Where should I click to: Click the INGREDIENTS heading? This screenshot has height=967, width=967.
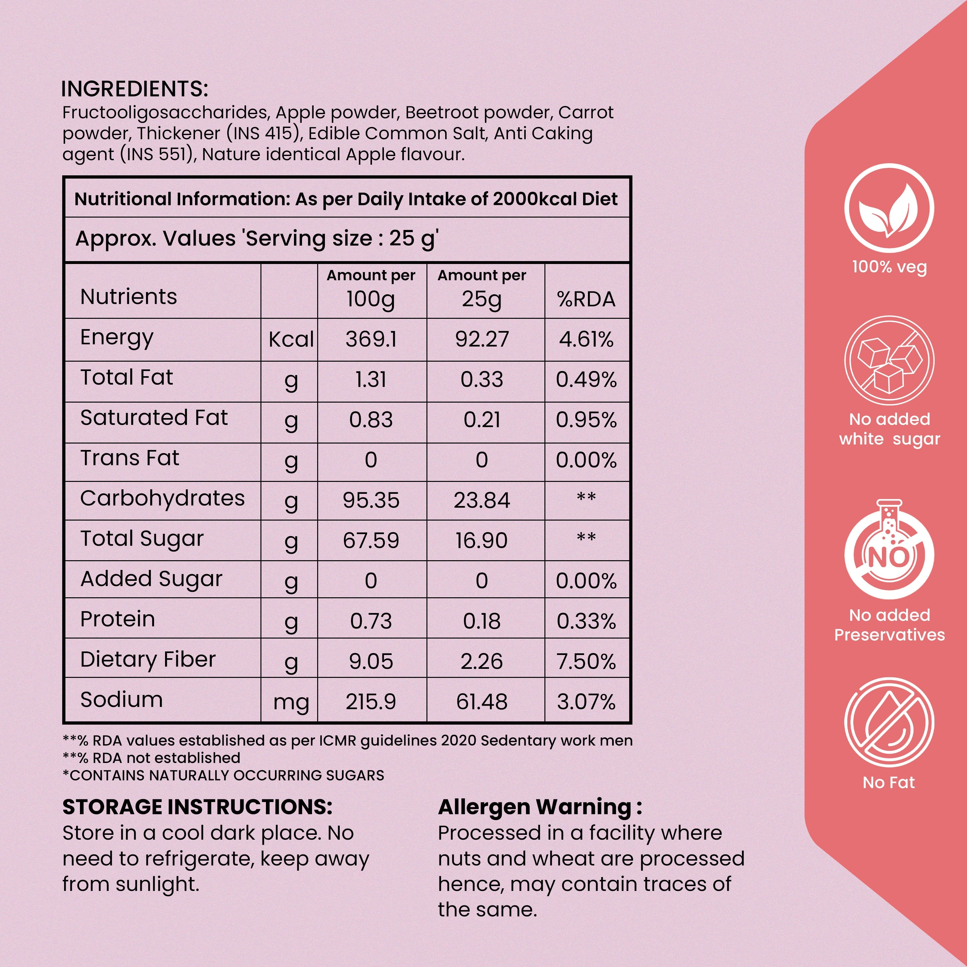134,89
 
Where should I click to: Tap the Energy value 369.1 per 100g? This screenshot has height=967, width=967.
371,339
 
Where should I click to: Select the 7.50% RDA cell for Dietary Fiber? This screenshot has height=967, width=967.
586,662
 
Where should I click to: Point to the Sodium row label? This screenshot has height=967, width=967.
122,700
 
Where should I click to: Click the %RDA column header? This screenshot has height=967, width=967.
586,299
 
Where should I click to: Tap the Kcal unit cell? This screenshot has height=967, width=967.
291,339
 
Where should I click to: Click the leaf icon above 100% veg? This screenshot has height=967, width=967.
889,209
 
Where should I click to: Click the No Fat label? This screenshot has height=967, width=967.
889,782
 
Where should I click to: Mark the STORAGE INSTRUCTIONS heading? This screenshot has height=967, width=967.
197,807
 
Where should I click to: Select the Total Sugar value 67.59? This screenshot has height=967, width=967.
371,541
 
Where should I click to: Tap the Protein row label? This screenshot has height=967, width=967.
118,619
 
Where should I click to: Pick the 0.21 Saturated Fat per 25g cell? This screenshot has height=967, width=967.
482,420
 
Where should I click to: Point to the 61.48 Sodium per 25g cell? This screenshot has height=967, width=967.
482,702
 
